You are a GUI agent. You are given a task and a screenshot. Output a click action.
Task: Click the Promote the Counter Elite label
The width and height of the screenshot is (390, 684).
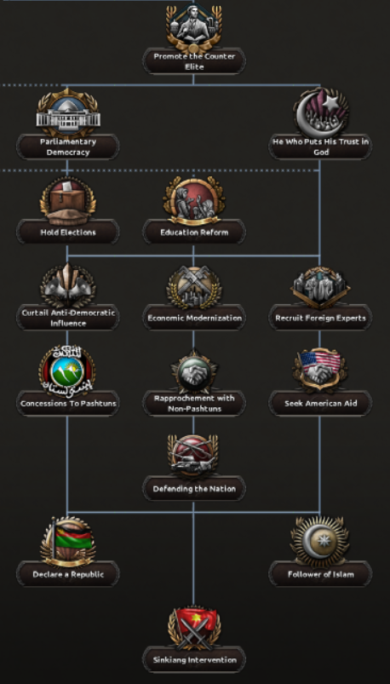pos(194,61)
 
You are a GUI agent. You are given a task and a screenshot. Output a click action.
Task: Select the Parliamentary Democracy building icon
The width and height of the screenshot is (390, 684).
pos(68,113)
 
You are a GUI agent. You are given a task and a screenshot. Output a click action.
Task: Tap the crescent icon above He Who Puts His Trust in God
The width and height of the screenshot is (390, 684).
pos(321,112)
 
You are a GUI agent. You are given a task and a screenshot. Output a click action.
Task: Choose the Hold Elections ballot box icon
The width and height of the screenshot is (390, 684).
pos(68,201)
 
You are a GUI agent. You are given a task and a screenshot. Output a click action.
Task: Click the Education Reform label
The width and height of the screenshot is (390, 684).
pos(194,233)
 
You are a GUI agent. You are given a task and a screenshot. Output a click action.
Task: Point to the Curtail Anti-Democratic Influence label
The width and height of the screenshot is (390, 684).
pos(68,318)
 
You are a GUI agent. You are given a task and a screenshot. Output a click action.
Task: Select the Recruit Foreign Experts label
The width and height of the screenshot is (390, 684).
pos(320,318)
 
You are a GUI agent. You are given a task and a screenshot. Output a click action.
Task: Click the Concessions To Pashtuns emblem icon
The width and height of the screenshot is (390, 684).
pos(67,371)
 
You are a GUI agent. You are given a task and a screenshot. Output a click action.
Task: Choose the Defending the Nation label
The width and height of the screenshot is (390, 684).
pos(194,489)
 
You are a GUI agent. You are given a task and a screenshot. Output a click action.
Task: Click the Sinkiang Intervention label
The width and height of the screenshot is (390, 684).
pos(194,660)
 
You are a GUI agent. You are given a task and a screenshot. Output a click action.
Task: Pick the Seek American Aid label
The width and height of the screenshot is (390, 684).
pos(320,404)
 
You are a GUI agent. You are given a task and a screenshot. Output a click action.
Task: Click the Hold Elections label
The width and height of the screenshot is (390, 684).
pos(68,233)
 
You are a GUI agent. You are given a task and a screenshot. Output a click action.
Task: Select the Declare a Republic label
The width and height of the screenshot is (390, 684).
pos(68,574)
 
